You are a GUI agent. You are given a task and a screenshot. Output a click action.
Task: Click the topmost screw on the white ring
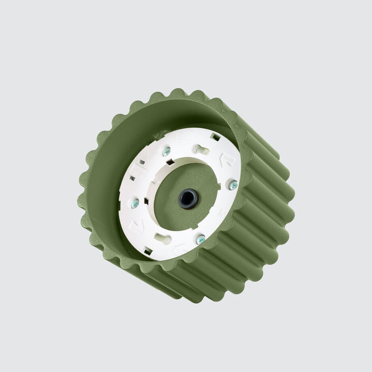click(x=166, y=152)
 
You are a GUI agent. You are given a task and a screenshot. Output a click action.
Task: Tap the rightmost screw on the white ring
click(x=233, y=185)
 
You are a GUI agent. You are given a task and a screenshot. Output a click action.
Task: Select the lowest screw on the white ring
click(x=200, y=239)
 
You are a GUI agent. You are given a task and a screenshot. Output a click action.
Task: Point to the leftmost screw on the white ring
click(x=135, y=203)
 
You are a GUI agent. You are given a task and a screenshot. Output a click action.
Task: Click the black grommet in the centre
click(x=188, y=199)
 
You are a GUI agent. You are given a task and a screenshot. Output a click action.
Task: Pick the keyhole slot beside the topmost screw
click(x=201, y=150)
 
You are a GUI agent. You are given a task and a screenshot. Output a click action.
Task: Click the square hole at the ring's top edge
click(x=216, y=137)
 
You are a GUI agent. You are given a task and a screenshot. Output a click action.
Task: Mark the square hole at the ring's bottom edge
click(x=148, y=251)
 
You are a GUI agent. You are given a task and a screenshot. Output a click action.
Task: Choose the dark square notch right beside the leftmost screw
click(x=146, y=201)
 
